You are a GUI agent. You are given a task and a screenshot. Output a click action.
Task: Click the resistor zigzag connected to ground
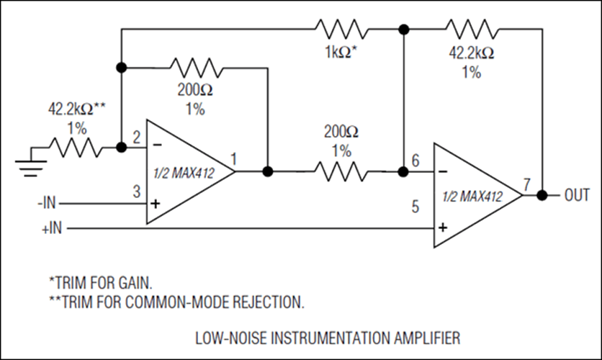(x=76, y=148)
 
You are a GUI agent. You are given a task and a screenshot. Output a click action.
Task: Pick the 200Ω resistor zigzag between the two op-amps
(x=341, y=172)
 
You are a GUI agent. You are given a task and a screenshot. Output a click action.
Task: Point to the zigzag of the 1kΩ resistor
(x=341, y=30)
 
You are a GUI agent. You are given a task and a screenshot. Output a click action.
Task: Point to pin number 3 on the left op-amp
(x=135, y=192)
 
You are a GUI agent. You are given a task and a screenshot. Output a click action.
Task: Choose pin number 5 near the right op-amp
(x=415, y=207)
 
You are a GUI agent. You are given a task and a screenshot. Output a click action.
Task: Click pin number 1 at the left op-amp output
(x=234, y=158)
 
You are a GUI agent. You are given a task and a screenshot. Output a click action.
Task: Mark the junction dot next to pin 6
(x=403, y=172)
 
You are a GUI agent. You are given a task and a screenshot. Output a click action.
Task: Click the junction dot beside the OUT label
(x=543, y=195)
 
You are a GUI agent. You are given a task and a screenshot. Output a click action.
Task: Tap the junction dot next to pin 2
(x=121, y=147)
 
